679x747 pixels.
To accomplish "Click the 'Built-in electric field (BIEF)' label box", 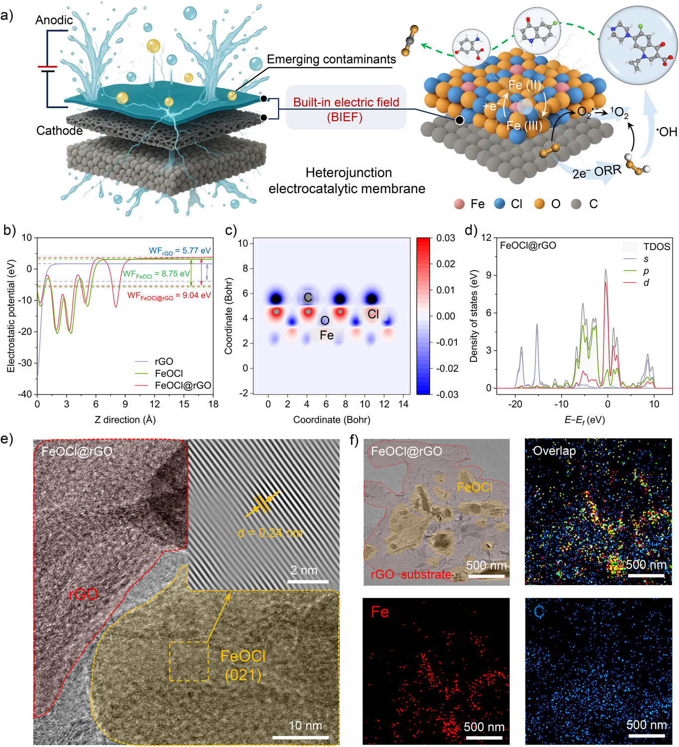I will coord(346,109).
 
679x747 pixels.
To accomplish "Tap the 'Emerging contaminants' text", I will coord(331,60).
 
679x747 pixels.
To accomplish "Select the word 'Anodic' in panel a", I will coord(54,20).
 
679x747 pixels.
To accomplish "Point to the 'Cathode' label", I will coord(60,131).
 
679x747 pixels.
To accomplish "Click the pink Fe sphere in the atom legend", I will coord(459,204).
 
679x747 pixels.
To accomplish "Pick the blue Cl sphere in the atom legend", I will coord(500,204).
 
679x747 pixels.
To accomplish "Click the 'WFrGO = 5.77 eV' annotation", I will coord(180,251).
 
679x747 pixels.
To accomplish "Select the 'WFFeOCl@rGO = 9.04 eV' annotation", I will coord(169,296).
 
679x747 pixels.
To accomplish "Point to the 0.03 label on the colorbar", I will coord(446,238).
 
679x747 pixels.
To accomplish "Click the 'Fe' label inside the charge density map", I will coord(327,336).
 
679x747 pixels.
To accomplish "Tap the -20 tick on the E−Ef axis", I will coord(515,404).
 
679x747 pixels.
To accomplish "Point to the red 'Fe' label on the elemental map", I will coord(380,612).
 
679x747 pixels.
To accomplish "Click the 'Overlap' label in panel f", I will coord(554,451).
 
